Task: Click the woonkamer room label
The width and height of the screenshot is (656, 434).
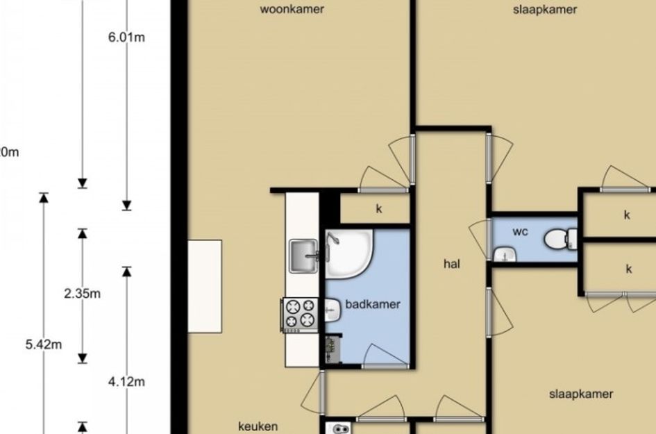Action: (x=292, y=9)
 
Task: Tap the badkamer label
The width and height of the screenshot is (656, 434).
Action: (x=373, y=304)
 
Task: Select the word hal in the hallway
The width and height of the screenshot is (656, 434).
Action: (x=452, y=264)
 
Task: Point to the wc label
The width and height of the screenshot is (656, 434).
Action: (x=520, y=231)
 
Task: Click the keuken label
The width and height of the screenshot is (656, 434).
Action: (x=258, y=426)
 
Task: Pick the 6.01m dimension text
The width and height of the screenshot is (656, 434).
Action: (x=127, y=37)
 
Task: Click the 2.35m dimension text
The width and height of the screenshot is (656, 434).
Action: (x=83, y=294)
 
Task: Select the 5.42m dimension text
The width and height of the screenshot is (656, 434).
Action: (x=44, y=344)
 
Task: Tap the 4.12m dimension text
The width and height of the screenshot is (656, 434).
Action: (x=127, y=382)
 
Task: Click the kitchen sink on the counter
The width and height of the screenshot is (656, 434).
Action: (x=304, y=256)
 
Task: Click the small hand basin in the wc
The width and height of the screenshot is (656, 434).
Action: (x=505, y=255)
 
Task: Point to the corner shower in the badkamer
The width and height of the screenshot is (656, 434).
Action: (x=348, y=253)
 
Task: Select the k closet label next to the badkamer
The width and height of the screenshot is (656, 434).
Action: (x=379, y=209)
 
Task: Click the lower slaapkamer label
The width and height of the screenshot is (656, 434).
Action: (x=581, y=394)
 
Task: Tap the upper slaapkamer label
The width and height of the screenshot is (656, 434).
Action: (x=545, y=10)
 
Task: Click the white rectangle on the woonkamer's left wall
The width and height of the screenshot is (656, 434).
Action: (x=205, y=286)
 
